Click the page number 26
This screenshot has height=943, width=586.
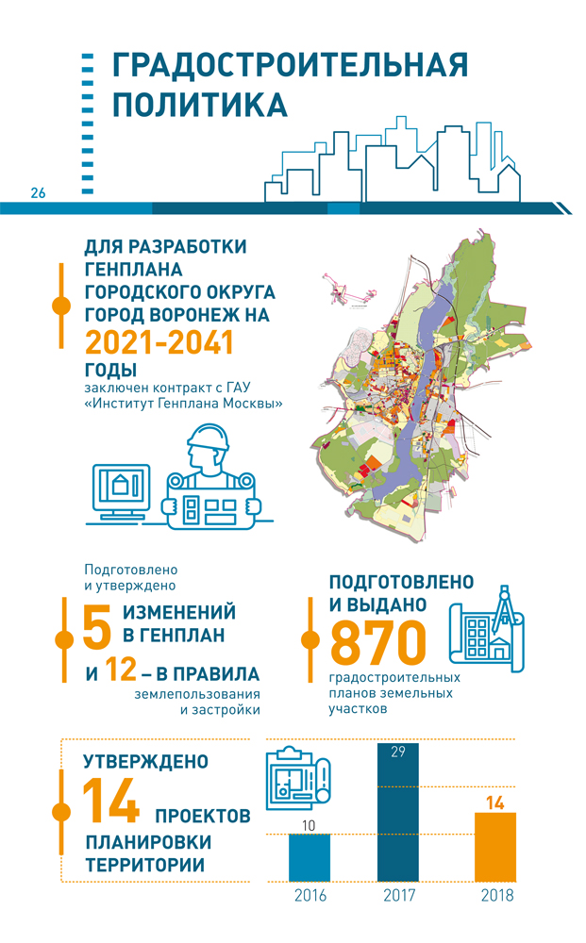pos(38,193)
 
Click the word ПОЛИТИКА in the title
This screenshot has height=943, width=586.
pos(200,103)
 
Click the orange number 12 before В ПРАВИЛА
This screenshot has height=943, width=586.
pos(123,673)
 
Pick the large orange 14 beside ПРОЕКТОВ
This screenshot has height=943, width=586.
pos(111,802)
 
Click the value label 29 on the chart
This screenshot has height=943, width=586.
pos(397,752)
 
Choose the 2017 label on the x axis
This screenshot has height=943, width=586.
pos(400,895)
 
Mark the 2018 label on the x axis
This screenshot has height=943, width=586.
pos(496,895)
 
